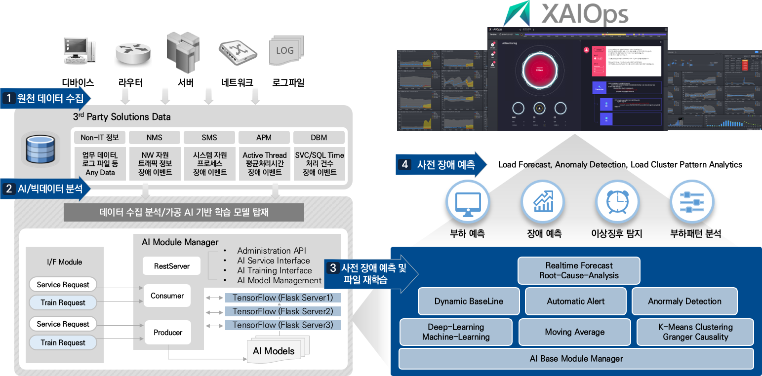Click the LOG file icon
(x=285, y=50)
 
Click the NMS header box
(x=155, y=137)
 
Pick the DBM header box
(x=319, y=137)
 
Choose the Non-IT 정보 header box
(x=100, y=137)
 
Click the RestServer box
(x=172, y=266)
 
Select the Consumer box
(x=167, y=296)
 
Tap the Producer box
(x=168, y=333)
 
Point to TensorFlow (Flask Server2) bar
(x=282, y=311)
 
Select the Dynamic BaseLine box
(x=469, y=301)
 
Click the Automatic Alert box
(x=575, y=301)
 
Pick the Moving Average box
(x=574, y=332)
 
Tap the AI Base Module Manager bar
(x=576, y=359)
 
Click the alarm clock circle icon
(x=617, y=202)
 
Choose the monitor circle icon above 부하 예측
(x=467, y=202)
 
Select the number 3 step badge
(x=333, y=268)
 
